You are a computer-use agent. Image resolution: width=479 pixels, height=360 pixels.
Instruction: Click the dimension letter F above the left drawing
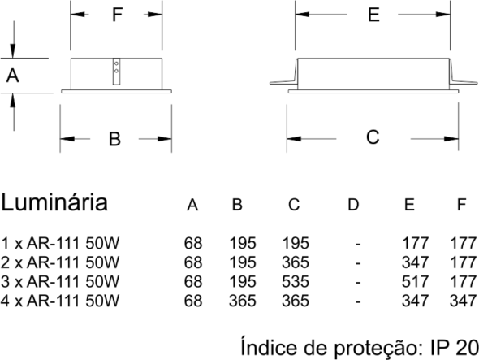[117, 15]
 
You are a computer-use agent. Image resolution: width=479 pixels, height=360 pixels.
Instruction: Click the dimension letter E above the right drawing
[373, 15]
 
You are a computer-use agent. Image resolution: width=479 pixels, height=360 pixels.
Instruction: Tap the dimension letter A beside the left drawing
[12, 76]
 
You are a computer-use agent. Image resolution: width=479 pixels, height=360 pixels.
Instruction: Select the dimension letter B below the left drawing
[114, 139]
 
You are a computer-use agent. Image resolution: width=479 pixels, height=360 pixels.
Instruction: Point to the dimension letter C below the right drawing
[373, 137]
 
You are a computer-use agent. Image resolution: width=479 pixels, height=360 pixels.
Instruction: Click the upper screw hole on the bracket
[116, 63]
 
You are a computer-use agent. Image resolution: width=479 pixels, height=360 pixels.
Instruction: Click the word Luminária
[54, 202]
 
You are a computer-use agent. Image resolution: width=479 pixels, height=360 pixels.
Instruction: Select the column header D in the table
[353, 204]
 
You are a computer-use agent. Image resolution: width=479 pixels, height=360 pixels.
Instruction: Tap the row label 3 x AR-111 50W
[60, 282]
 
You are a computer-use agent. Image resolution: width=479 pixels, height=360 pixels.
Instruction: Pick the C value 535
[296, 282]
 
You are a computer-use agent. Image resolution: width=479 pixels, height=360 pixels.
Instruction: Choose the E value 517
[415, 282]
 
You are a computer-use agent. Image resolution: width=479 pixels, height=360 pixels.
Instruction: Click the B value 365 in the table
[242, 301]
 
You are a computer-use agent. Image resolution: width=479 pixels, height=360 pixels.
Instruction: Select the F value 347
[463, 301]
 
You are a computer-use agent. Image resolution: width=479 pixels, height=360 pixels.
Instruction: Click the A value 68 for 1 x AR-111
[193, 244]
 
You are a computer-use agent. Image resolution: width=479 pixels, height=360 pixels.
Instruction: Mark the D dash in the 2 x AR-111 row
[358, 263]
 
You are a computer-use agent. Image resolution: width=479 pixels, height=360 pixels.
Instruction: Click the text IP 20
[455, 348]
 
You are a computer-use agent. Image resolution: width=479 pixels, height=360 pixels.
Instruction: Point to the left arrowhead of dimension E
[302, 14]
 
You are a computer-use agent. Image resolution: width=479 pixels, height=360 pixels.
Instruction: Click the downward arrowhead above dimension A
[12, 51]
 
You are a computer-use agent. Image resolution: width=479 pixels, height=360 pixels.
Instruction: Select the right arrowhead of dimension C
[451, 139]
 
